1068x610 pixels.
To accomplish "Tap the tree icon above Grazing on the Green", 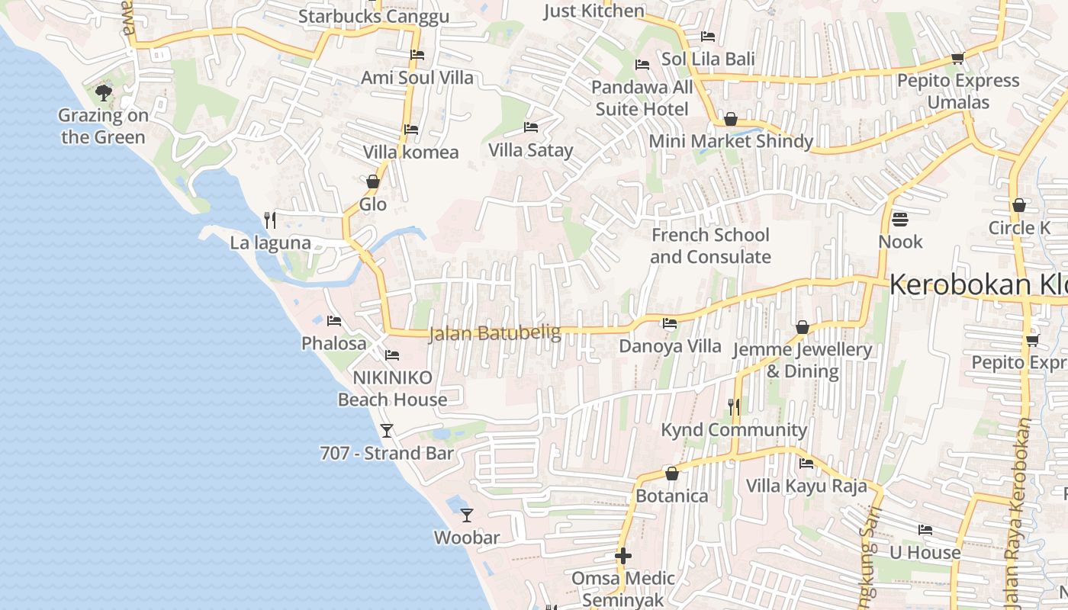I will click(104, 93).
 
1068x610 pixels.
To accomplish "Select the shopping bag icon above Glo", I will click(373, 181).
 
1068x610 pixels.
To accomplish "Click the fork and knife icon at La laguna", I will click(269, 220).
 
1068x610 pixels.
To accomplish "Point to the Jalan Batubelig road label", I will click(494, 333).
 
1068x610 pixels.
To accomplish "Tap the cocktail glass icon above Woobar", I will click(467, 515).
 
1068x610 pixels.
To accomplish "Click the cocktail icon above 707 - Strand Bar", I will click(387, 431).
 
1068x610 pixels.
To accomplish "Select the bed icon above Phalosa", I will click(333, 321).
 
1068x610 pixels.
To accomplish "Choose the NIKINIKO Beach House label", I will click(392, 388).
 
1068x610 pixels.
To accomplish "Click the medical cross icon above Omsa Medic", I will click(623, 556).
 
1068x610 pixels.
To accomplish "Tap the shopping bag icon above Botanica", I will click(672, 474).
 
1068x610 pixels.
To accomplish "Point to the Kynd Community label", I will click(733, 430).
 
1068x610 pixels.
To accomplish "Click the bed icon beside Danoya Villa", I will click(670, 323).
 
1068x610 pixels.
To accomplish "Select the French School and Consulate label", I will click(710, 246).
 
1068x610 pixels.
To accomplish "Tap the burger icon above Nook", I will click(900, 220).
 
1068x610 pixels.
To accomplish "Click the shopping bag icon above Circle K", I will click(1018, 205).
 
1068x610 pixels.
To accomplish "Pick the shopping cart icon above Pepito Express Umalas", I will click(958, 58).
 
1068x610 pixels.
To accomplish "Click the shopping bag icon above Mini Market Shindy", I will click(730, 119).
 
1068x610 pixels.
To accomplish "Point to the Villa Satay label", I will click(530, 150).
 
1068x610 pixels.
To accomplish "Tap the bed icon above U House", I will click(925, 529).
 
